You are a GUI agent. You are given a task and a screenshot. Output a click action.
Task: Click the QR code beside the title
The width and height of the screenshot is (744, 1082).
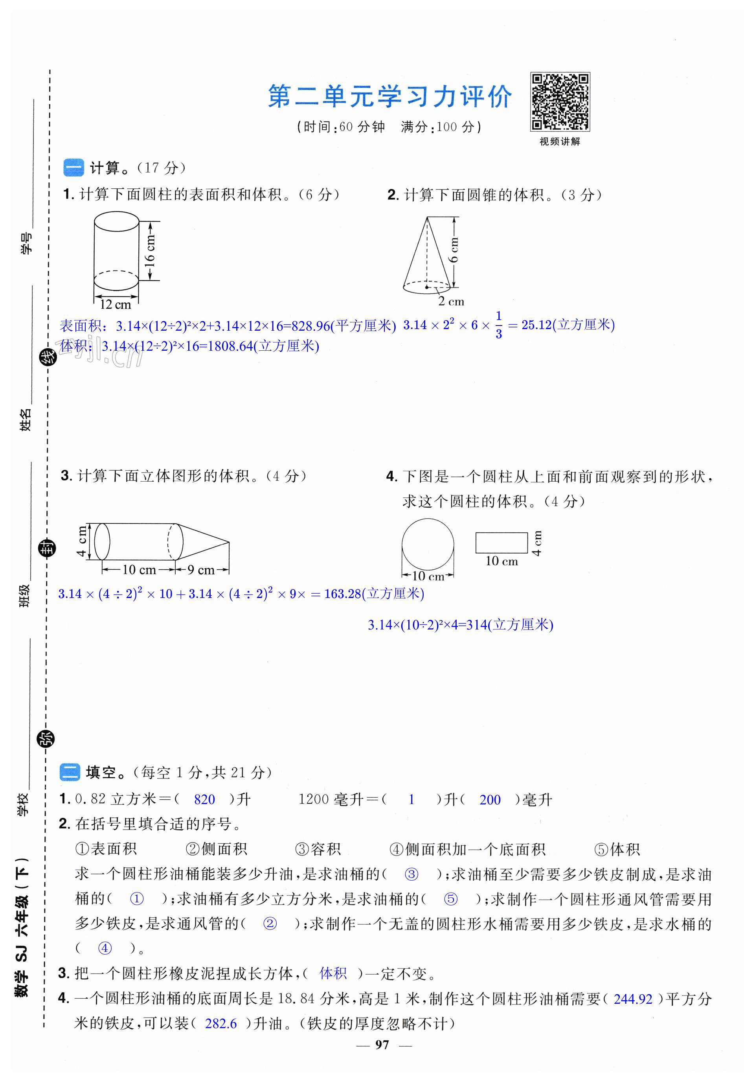(x=559, y=102)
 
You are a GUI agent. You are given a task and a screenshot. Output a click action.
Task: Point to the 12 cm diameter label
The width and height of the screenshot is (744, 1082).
(x=115, y=305)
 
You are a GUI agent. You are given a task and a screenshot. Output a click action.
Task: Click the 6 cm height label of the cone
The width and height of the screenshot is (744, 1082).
(x=454, y=250)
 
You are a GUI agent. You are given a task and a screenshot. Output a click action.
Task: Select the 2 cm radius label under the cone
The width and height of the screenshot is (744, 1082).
(x=451, y=301)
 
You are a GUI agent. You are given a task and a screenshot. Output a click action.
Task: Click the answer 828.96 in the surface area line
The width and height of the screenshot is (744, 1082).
(x=310, y=326)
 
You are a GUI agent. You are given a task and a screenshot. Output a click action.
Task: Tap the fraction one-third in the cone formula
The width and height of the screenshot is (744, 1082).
(x=498, y=325)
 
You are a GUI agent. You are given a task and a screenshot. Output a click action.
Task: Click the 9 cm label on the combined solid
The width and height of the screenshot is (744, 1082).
(x=201, y=569)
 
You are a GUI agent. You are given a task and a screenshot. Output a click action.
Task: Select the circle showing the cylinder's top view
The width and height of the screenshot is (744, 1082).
(x=428, y=544)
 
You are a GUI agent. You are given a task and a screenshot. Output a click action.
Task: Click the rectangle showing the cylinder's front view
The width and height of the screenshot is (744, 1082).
(x=501, y=543)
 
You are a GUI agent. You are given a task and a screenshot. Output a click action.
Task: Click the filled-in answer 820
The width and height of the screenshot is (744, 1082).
(x=204, y=800)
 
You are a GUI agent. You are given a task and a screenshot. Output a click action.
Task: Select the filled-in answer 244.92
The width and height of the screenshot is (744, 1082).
(x=633, y=999)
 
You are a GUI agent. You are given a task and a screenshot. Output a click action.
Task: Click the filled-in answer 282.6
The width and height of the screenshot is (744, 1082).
(x=221, y=1024)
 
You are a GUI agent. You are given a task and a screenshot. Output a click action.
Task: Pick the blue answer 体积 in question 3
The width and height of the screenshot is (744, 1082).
(x=333, y=973)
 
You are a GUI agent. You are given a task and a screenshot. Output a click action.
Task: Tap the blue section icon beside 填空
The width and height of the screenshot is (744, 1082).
(x=70, y=772)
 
